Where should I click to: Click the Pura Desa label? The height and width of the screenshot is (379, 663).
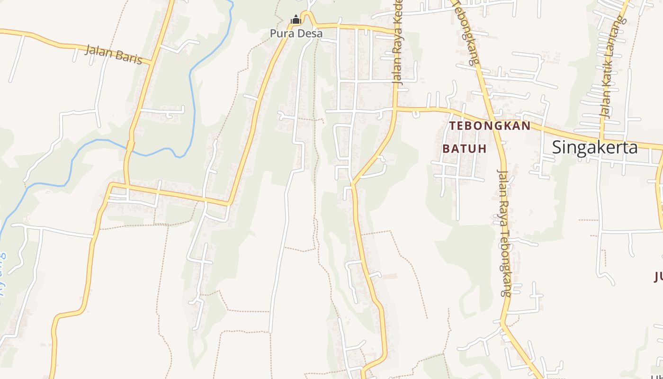point(296,34)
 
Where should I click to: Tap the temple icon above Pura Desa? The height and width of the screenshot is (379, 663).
point(296,20)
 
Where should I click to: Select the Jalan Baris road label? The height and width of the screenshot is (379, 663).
point(114,54)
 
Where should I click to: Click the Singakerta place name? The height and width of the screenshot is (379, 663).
point(595,147)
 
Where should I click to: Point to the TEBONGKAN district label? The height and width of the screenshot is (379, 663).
point(490,126)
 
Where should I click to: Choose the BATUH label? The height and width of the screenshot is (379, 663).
point(465,148)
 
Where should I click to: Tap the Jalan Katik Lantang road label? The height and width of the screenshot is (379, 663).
point(612,69)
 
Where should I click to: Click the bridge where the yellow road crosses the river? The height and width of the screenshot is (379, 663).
point(130,146)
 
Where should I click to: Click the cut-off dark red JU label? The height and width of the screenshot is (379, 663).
point(658,276)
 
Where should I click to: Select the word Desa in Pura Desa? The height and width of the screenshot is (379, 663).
point(311,34)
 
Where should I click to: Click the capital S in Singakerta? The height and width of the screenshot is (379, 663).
point(557,147)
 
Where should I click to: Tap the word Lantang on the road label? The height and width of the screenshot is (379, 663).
point(617,40)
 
